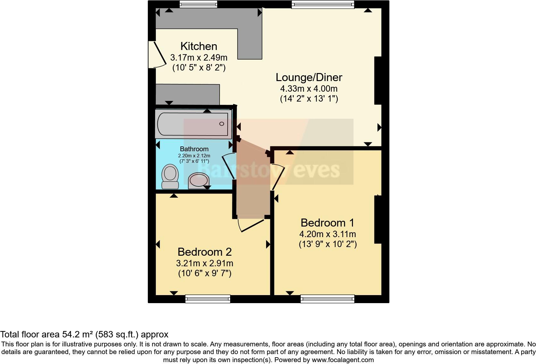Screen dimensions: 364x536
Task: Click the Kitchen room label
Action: (x=199, y=46)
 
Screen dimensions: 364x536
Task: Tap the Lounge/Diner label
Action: (x=309, y=77)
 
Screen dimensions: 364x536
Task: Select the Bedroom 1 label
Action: (x=327, y=223)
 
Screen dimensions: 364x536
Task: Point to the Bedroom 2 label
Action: (x=205, y=252)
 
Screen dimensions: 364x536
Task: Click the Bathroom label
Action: (x=194, y=149)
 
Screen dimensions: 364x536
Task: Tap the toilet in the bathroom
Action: (x=170, y=177)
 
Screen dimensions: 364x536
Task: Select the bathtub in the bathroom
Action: (x=193, y=124)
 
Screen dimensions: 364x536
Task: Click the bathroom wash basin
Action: (x=198, y=181)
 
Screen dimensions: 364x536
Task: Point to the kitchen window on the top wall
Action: (x=198, y=4)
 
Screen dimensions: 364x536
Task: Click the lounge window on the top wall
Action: (x=323, y=4)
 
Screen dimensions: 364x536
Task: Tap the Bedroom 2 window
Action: (x=208, y=299)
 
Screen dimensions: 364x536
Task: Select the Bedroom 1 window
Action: (x=327, y=299)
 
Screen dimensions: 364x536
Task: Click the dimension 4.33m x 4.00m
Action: (x=309, y=88)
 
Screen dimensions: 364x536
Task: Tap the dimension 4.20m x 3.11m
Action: (x=327, y=234)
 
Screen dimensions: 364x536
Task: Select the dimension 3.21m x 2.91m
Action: (x=205, y=263)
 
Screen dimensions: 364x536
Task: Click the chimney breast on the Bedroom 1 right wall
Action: (x=378, y=219)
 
